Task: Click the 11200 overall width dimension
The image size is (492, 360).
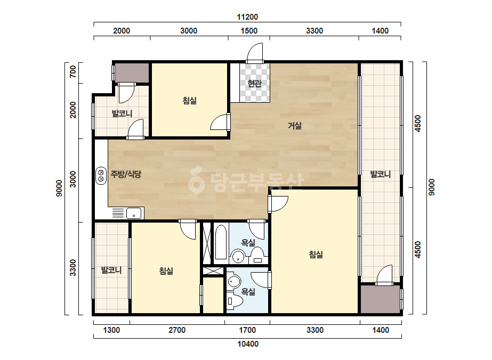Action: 247,17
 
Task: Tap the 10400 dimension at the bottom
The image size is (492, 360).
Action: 248,344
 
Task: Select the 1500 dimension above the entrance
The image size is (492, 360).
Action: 249,31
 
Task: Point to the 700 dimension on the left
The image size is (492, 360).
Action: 73,71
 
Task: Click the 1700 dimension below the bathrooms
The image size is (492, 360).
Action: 247,330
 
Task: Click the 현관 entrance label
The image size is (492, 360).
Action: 254,84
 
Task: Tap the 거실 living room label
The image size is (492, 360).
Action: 295,126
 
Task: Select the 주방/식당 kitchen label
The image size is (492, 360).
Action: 126,174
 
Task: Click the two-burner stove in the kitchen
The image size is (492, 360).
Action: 101,176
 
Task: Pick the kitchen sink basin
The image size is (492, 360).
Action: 134,214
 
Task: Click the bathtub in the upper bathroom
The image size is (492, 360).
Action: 221,242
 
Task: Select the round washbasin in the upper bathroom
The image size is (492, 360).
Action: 238,257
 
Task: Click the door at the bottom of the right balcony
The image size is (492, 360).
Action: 384,275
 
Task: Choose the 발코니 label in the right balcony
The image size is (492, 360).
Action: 380,174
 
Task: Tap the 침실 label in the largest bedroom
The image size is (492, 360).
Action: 316,255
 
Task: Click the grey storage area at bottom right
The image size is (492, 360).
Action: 380,299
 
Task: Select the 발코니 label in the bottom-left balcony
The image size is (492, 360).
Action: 111,270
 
